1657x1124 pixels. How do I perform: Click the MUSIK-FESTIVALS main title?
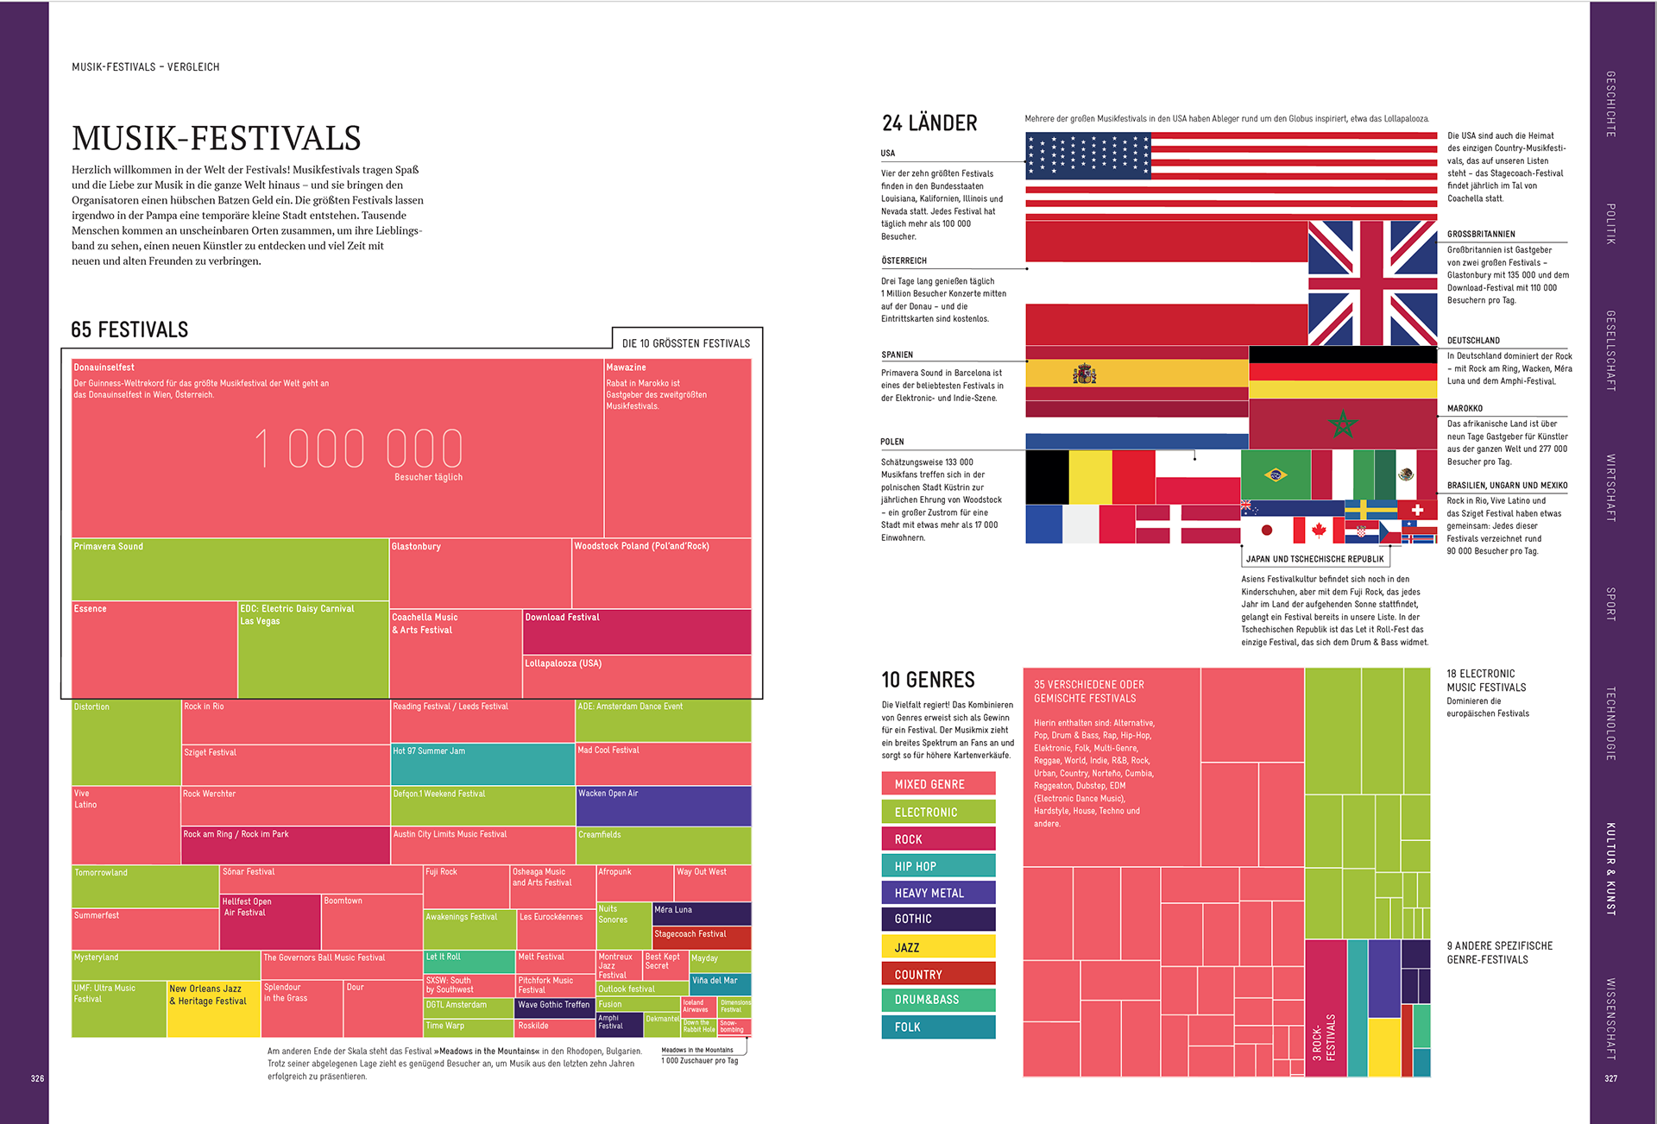(216, 138)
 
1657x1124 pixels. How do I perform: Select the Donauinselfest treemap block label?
(104, 367)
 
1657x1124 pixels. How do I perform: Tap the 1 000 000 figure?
(358, 449)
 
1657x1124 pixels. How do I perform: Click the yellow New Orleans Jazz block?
(212, 1008)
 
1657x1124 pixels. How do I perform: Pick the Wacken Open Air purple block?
(663, 806)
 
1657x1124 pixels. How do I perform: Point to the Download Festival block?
(636, 631)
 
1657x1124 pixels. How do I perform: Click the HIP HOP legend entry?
(938, 866)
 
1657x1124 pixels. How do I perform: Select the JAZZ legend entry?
(938, 947)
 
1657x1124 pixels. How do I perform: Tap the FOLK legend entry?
(938, 1027)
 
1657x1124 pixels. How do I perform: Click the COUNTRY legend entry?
(938, 974)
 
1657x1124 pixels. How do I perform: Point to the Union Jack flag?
(1372, 283)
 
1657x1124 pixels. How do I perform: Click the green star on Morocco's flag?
(1343, 424)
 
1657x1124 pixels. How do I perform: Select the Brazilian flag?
(1275, 474)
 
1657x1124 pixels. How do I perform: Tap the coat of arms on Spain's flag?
(1084, 374)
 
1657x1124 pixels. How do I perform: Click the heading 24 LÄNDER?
(929, 123)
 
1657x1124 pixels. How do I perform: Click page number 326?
(37, 1078)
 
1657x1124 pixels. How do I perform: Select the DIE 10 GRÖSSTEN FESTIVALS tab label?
(686, 343)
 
